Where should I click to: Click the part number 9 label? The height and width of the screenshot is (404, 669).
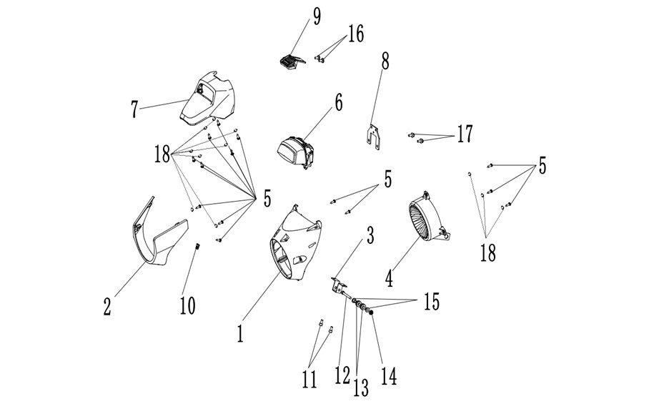point(317,16)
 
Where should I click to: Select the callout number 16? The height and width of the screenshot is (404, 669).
point(356,34)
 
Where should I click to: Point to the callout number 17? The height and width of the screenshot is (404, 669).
point(465,134)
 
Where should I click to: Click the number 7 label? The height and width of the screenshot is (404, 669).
point(134,109)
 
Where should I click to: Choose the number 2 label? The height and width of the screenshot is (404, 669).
point(107,307)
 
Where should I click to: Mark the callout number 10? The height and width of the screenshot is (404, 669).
point(188,305)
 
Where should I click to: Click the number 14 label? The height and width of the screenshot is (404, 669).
point(389,376)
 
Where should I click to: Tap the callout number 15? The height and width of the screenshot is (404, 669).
point(432,302)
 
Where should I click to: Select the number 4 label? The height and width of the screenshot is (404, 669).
point(389,277)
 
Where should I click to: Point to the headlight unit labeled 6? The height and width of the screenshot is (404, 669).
point(295,152)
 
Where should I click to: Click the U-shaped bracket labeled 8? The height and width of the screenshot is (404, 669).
point(373,137)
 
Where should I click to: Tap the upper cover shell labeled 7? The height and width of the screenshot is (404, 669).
point(208,99)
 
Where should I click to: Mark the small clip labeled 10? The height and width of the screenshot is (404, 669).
point(197,247)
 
